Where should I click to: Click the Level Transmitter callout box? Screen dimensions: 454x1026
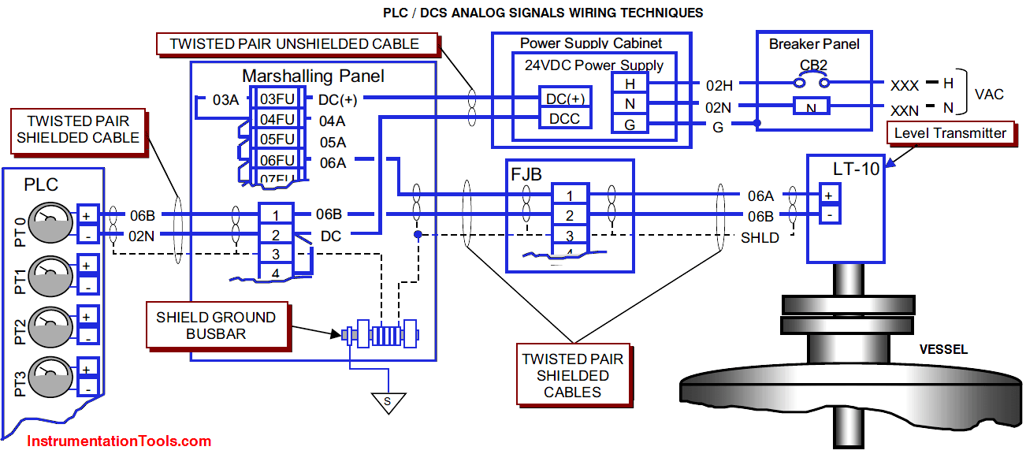[950, 133]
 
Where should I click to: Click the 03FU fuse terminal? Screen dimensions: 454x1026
[277, 99]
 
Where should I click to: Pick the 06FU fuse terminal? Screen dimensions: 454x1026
[277, 160]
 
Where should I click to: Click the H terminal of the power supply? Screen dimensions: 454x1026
[630, 84]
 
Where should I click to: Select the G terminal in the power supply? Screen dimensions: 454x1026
[630, 124]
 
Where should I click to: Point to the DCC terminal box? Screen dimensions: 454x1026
[565, 118]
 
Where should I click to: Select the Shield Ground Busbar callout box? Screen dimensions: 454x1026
[215, 326]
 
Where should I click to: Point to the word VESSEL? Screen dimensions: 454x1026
[943, 349]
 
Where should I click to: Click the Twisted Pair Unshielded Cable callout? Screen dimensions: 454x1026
[294, 44]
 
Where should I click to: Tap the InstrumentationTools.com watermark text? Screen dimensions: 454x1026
[119, 441]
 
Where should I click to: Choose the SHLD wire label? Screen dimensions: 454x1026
[760, 237]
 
